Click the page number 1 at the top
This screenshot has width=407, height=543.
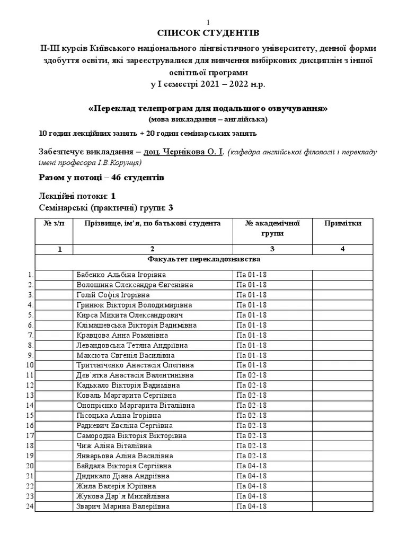208,22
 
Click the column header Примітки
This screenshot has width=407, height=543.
343,223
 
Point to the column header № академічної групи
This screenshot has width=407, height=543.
272,228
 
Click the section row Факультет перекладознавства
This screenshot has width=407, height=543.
203,260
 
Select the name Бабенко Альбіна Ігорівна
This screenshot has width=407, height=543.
121,275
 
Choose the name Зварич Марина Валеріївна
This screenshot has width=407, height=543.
123,506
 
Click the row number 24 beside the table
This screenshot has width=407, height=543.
30,506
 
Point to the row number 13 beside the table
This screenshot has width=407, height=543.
30,396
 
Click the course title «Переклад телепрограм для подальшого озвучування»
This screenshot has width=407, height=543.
208,108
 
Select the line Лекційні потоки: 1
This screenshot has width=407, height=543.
77,196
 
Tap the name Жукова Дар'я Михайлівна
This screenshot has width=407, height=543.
123,496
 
